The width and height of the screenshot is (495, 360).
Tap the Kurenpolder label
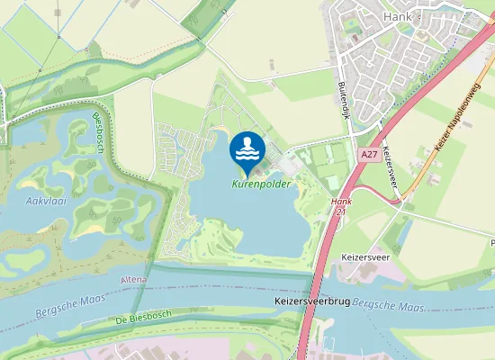point(262,184)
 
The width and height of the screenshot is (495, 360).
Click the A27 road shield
point(366,155)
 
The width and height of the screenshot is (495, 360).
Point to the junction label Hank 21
point(340,208)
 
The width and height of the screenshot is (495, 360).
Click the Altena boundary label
point(133,281)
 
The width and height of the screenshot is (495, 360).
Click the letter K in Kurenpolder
point(236,184)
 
